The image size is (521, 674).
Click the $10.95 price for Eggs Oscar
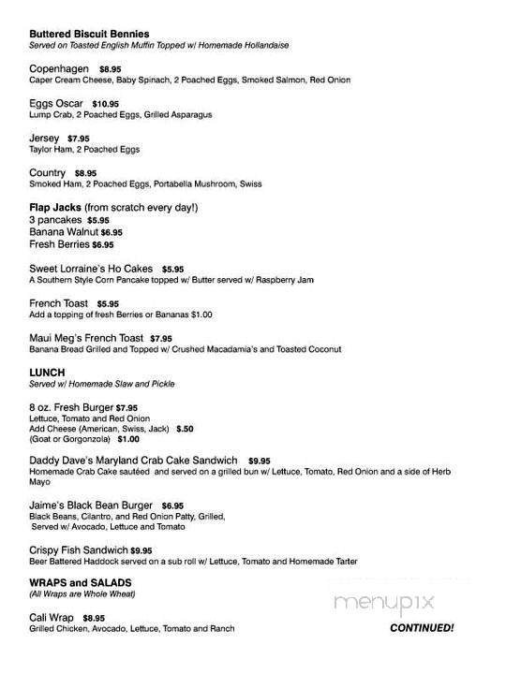tap(106, 103)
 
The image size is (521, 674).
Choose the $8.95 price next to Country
tap(85, 173)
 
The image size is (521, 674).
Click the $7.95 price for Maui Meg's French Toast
tap(160, 337)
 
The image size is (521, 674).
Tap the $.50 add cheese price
tap(185, 428)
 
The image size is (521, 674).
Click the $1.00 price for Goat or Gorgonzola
tap(129, 439)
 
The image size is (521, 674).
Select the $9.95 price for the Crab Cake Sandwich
tap(260, 462)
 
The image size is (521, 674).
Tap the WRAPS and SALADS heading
tap(80, 583)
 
